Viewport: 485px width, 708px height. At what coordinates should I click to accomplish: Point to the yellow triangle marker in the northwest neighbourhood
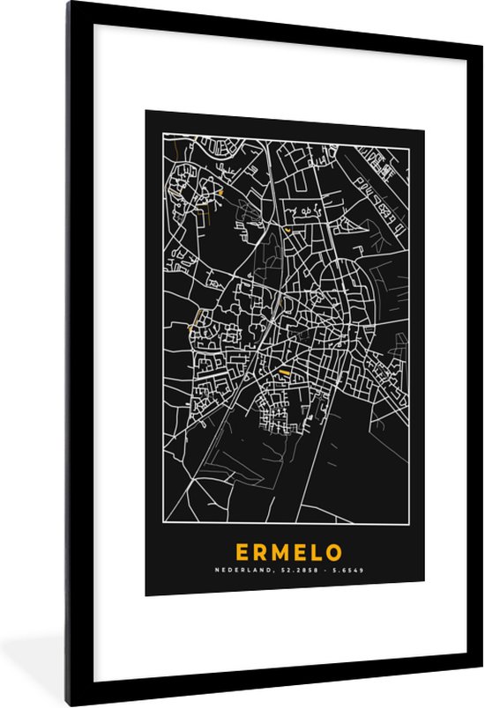pos(220,192)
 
